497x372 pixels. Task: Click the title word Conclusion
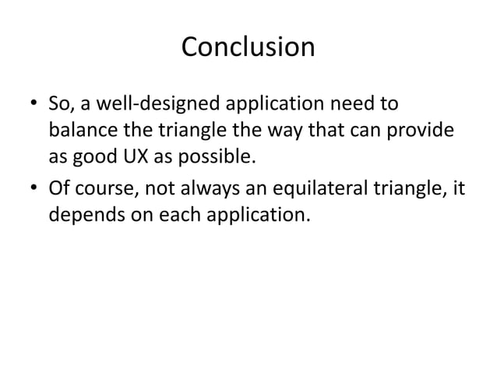(248, 47)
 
